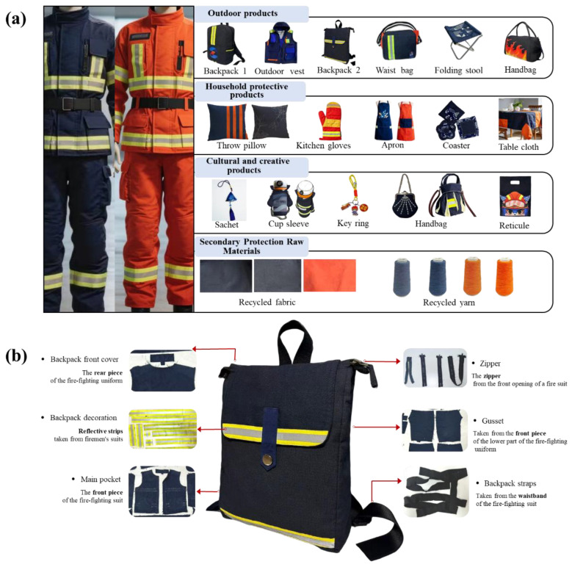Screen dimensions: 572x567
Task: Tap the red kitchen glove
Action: point(331,121)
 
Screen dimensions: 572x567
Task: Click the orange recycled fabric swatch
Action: point(330,275)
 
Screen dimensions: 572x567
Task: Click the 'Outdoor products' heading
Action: point(242,13)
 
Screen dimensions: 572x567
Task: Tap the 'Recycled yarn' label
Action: point(449,303)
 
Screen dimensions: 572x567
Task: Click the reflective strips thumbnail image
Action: point(163,429)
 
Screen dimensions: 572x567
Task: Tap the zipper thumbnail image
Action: point(435,367)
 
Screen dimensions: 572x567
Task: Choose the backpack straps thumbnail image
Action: point(436,491)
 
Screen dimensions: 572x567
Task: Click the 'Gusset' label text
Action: point(493,421)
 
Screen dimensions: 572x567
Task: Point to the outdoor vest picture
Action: point(280,43)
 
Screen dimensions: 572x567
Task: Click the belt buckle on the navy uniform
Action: point(68,104)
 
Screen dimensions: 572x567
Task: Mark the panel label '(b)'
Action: point(16,355)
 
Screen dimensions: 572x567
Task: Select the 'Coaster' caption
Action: point(456,145)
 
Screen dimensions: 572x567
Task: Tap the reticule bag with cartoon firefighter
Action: point(515,197)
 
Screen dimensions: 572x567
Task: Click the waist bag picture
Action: point(399,41)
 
